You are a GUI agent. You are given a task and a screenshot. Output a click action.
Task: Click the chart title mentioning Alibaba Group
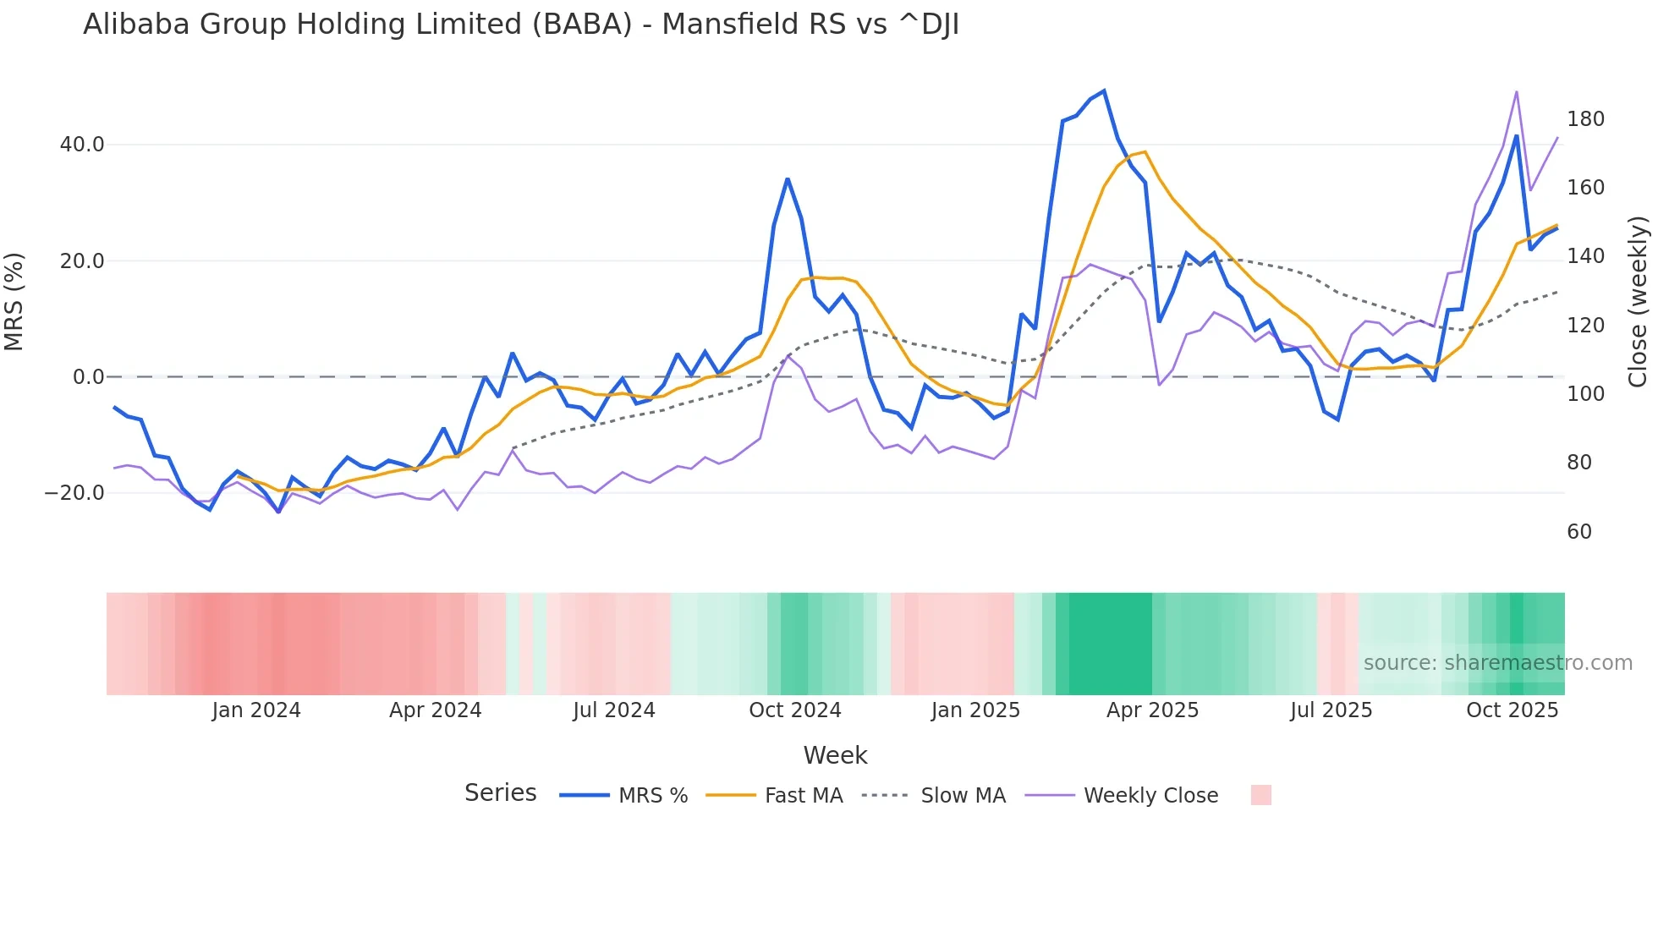tap(521, 25)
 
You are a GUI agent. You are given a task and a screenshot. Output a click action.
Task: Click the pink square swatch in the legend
tap(1260, 795)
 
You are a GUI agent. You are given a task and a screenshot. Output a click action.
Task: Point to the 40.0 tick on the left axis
tap(82, 145)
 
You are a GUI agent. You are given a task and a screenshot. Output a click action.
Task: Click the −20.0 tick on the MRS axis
tap(74, 493)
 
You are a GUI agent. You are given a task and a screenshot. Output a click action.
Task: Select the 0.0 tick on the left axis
tap(89, 377)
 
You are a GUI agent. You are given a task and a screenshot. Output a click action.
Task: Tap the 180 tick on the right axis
tap(1585, 119)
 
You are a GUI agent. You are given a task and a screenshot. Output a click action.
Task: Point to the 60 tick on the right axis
tap(1579, 532)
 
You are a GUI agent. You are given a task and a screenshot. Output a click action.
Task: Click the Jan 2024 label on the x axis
tap(256, 710)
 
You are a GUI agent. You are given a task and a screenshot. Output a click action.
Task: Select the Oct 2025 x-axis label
tap(1512, 710)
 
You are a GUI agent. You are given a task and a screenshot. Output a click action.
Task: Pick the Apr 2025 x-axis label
tap(1152, 710)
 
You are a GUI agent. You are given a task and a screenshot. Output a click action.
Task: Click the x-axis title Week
tap(835, 755)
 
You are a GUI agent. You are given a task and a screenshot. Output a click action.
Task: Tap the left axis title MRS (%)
tap(14, 302)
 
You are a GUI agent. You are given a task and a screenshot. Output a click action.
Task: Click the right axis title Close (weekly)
tap(1638, 302)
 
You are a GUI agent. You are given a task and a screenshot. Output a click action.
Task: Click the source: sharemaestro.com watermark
tap(1497, 663)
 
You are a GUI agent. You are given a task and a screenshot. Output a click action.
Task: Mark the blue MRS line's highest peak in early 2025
tap(1104, 91)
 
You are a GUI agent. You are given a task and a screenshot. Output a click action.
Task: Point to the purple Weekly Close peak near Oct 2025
tap(1517, 92)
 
